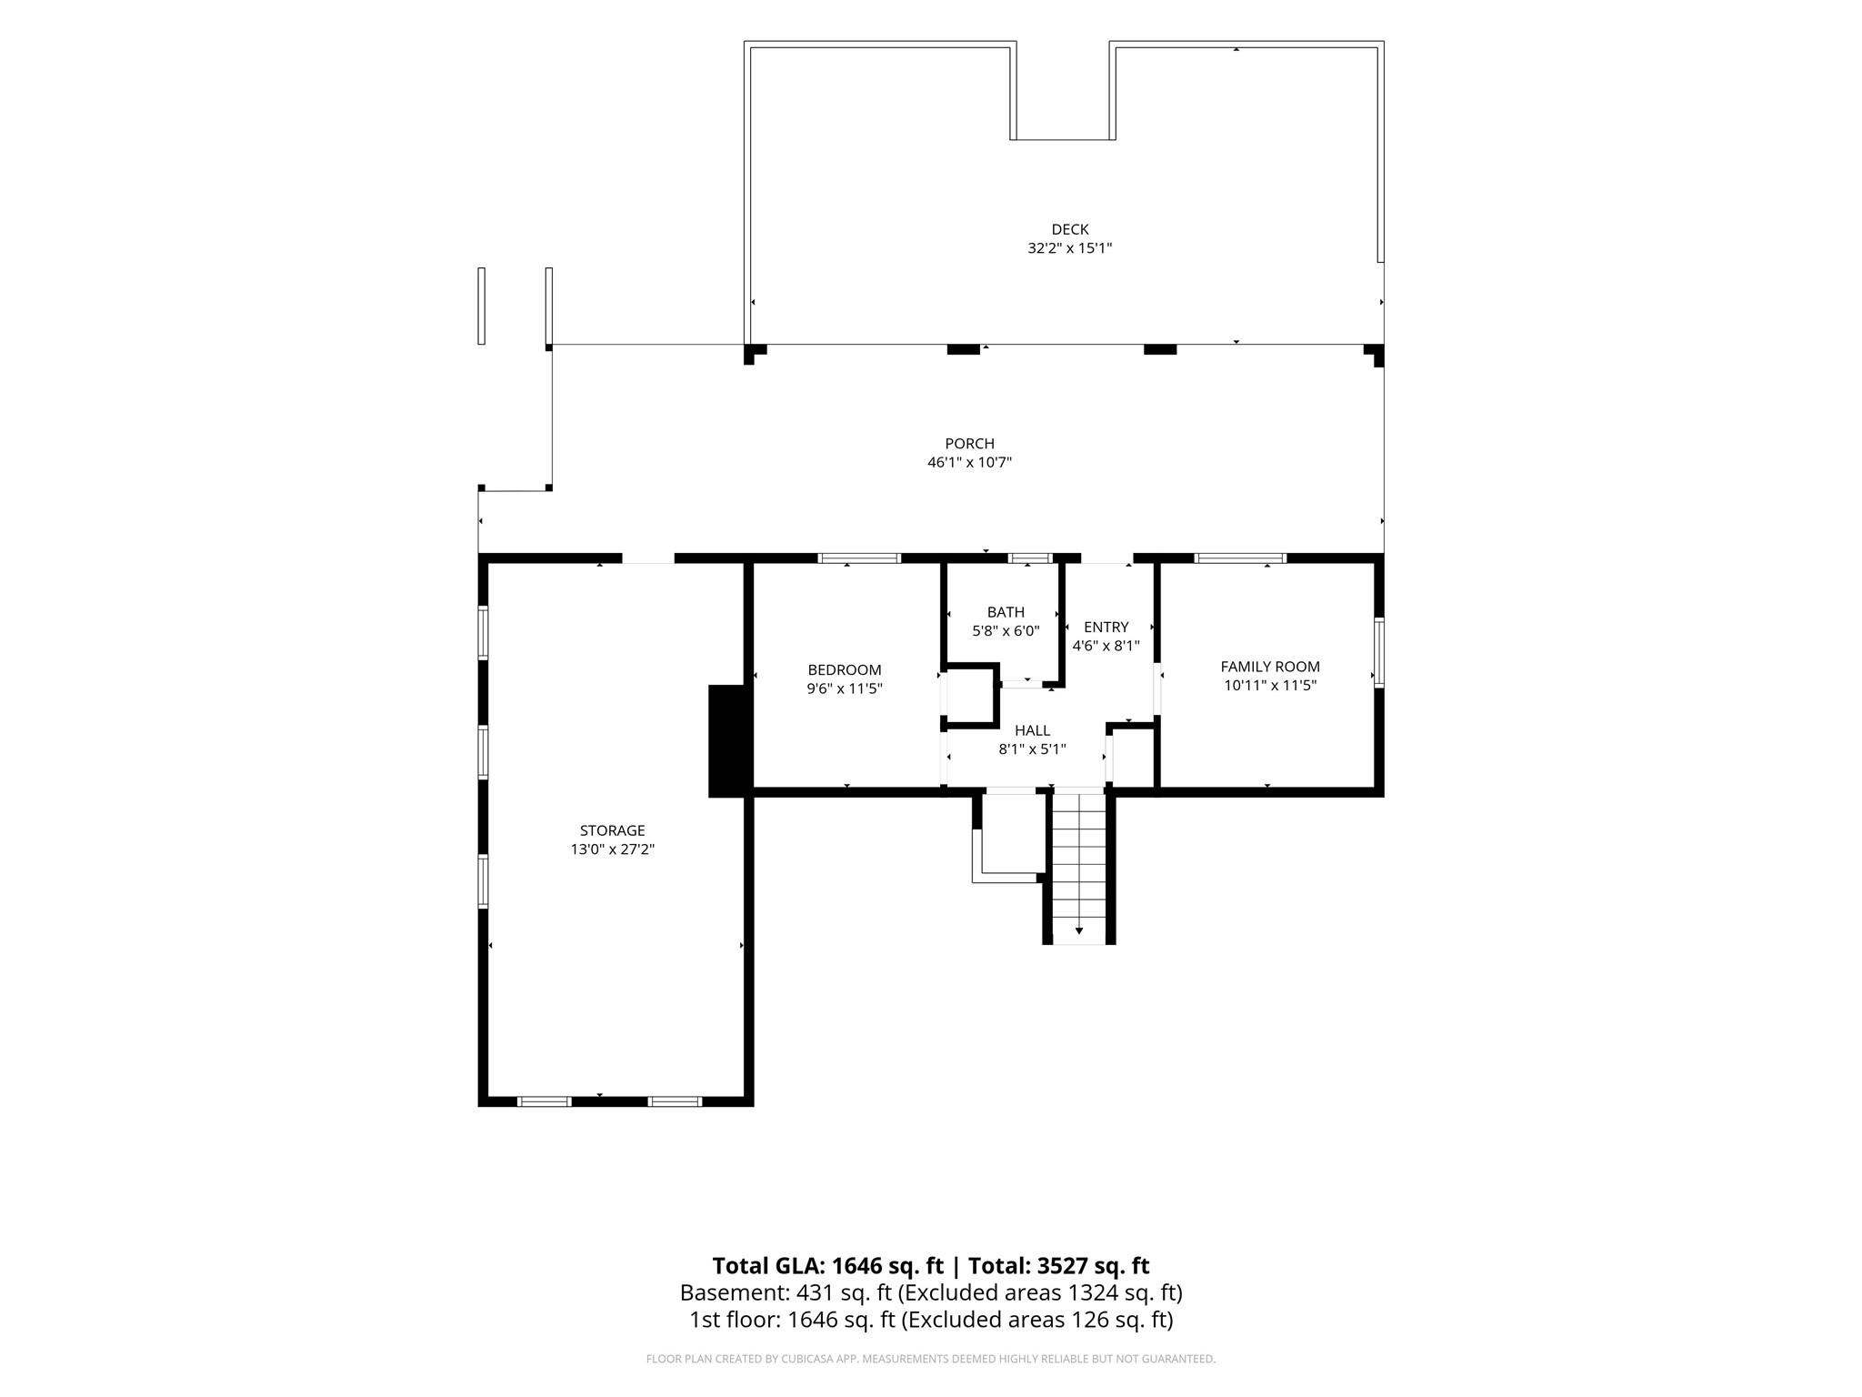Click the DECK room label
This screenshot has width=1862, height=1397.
pos(1069,229)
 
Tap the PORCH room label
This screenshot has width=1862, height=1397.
pos(969,444)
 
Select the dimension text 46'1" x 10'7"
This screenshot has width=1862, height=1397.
pos(969,462)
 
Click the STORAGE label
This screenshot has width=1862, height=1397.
pos(612,830)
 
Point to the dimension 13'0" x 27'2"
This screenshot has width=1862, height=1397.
pos(612,849)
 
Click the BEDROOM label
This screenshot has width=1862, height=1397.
pos(845,670)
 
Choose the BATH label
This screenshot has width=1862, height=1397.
pos(1006,612)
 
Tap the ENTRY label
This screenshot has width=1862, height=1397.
pos(1106,627)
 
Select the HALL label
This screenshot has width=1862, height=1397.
pos(1032,730)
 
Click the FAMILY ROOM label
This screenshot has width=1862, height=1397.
pos(1270,667)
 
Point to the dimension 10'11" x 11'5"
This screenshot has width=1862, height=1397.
pos(1270,686)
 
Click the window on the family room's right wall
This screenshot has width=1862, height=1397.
pos(1379,652)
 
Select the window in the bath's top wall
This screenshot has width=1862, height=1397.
pos(1030,558)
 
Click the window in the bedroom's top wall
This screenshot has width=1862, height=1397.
pos(859,558)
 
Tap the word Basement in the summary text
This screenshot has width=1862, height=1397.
pos(734,1292)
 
